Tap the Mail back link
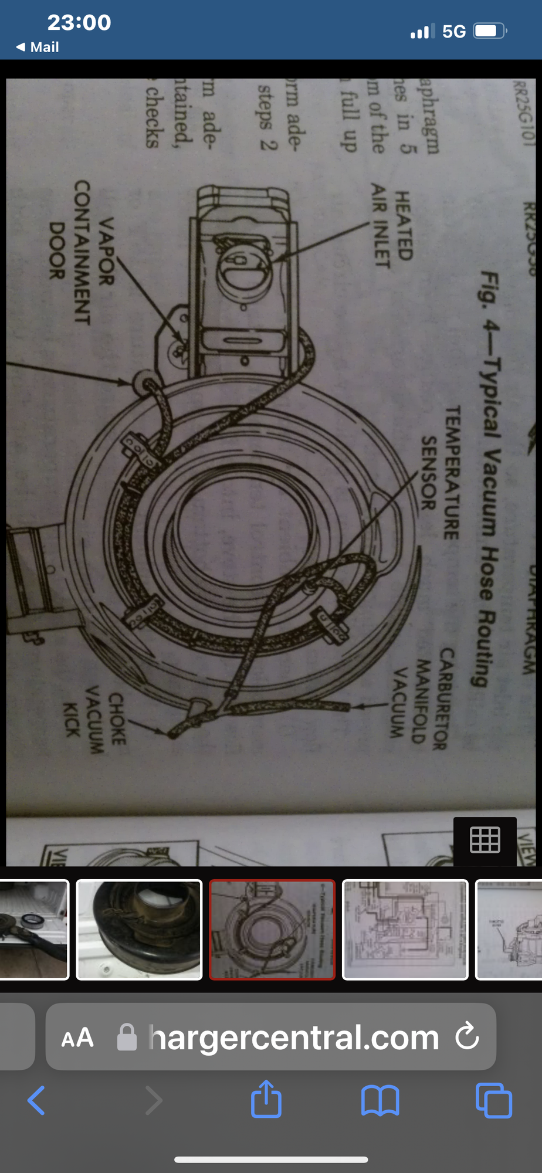38,47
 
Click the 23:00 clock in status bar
79,22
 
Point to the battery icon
489,30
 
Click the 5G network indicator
453,31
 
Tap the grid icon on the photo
485,840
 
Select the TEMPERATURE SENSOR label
440,472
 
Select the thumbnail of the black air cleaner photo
139,930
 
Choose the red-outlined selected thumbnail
272,930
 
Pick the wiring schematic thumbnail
405,930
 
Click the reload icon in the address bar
467,1036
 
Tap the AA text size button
77,1038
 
